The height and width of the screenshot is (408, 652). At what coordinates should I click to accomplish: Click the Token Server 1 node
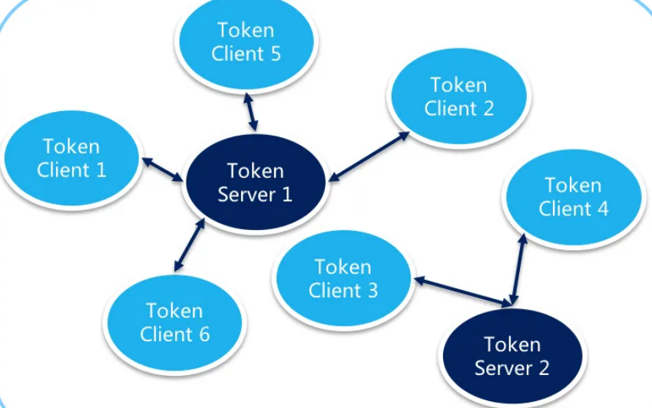pyautogui.click(x=256, y=183)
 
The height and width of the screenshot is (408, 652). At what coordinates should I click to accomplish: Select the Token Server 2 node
pyautogui.click(x=511, y=356)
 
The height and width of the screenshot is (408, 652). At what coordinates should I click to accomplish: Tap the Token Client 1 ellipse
pyautogui.click(x=71, y=158)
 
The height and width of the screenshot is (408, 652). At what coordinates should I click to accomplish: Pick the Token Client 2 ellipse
pyautogui.click(x=458, y=97)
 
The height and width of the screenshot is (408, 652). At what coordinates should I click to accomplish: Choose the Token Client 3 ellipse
pyautogui.click(x=343, y=279)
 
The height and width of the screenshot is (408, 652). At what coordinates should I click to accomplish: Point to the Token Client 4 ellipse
pyautogui.click(x=573, y=197)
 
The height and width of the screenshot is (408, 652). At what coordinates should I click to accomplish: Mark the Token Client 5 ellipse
pyautogui.click(x=246, y=42)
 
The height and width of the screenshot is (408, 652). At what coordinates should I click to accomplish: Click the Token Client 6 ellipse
pyautogui.click(x=174, y=323)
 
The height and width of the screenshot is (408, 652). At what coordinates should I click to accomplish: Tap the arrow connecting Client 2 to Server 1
pyautogui.click(x=369, y=156)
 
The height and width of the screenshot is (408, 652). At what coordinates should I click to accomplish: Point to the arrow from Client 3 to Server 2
pyautogui.click(x=462, y=292)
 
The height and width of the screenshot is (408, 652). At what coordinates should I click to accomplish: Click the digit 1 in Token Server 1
pyautogui.click(x=286, y=195)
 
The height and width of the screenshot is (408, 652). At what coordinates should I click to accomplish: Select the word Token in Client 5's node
pyautogui.click(x=246, y=31)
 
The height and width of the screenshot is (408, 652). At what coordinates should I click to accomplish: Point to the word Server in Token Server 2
pyautogui.click(x=501, y=368)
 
